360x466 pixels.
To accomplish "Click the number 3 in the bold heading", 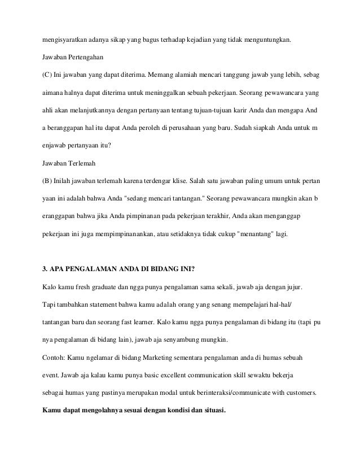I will tap(45, 269).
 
